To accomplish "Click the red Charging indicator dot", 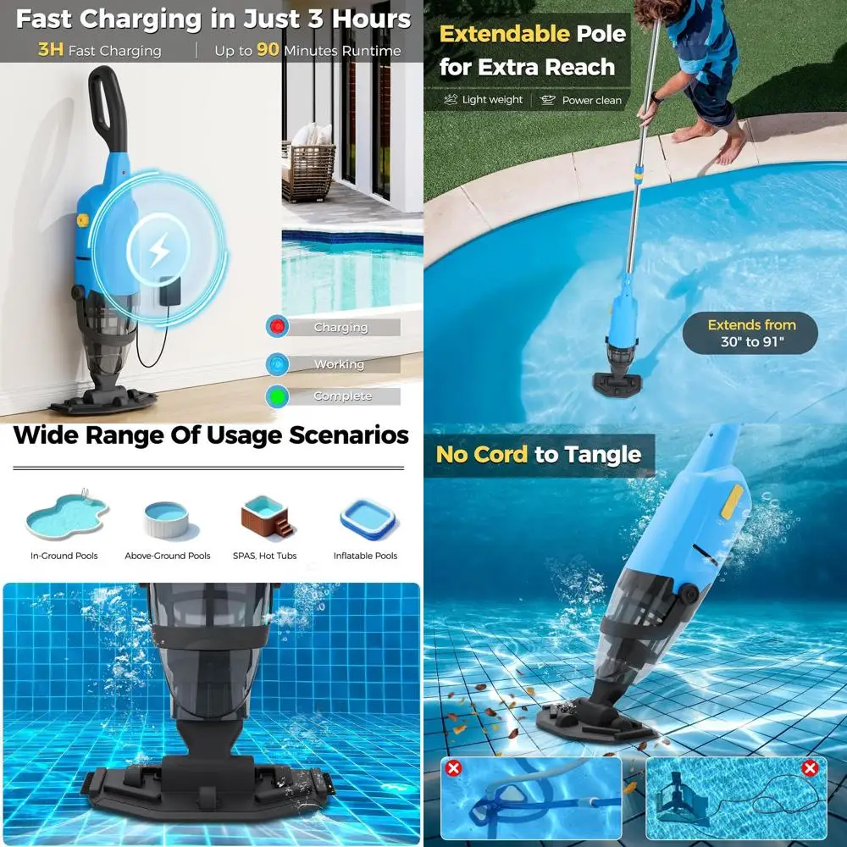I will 277,327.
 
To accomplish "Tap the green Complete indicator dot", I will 277,396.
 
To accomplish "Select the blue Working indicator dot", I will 277,363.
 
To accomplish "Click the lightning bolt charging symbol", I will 158,252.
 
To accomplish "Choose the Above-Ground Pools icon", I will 166,519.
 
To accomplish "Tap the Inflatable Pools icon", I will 367,518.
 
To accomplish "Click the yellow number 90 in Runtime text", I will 268,50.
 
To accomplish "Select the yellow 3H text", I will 51,50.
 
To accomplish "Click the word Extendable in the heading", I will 504,35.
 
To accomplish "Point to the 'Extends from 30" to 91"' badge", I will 750,334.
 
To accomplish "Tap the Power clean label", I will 592,100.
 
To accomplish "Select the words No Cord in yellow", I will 482,455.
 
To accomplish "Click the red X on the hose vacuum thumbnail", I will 454,769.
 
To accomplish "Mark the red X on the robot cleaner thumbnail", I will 810,769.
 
